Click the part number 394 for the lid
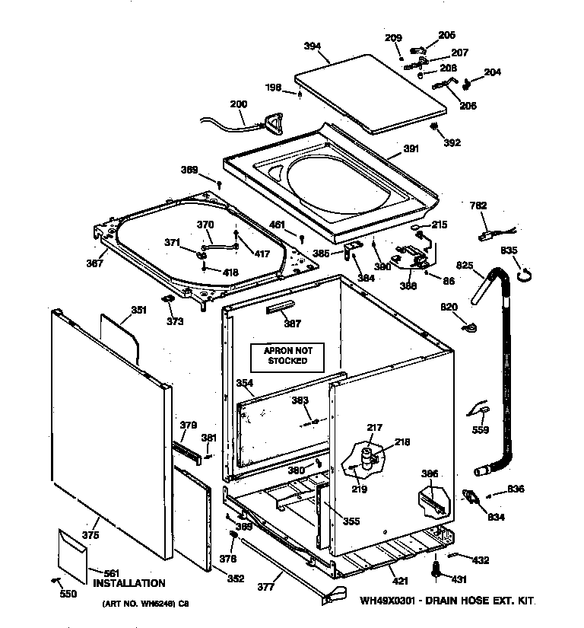click(312, 46)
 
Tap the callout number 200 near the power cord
click(238, 104)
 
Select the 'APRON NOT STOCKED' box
click(286, 355)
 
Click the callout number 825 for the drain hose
click(465, 266)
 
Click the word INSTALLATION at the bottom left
click(129, 584)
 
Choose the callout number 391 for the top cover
click(411, 149)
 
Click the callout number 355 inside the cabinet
click(351, 521)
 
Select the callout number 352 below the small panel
click(236, 579)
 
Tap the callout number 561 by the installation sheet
click(112, 573)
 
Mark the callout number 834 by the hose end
click(497, 518)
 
